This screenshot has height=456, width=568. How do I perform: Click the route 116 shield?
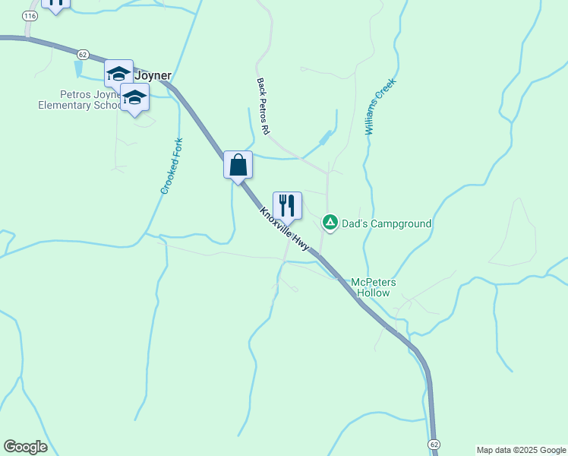click(30, 15)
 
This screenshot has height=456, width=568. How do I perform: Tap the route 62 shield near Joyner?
click(84, 54)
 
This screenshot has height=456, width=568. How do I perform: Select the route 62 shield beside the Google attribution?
click(434, 442)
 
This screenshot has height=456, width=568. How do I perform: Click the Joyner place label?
click(153, 75)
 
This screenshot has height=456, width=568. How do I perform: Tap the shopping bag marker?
click(238, 165)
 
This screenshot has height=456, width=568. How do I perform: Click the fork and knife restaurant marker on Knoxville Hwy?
click(287, 205)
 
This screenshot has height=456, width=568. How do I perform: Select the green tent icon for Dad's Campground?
click(330, 223)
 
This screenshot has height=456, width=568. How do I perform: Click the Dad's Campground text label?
click(387, 223)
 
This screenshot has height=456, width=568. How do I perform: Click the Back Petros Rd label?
click(263, 106)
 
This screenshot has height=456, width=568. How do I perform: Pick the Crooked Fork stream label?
click(172, 166)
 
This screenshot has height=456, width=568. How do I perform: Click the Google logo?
click(25, 447)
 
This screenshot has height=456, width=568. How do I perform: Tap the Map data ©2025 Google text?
click(521, 450)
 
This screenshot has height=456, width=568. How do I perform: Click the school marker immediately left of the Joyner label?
click(118, 74)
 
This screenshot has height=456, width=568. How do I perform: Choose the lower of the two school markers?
click(135, 98)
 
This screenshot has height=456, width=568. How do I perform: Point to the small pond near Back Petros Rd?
click(326, 138)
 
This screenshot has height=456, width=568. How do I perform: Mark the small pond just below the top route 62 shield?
click(79, 68)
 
